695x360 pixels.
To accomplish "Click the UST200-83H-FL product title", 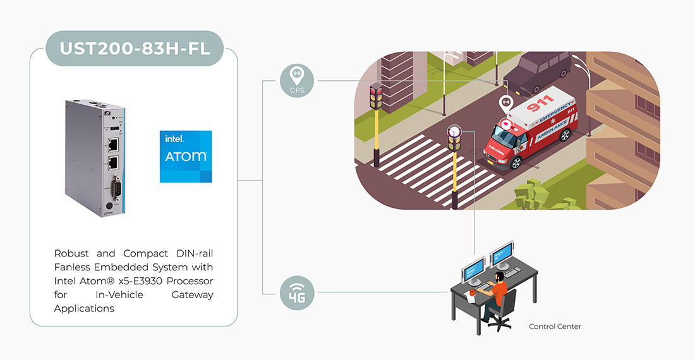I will pyautogui.click(x=135, y=48).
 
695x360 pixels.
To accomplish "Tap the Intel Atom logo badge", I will pyautogui.click(x=186, y=157).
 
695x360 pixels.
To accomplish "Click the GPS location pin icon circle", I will pyautogui.click(x=296, y=80).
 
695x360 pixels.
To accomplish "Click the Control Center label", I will pyautogui.click(x=555, y=327).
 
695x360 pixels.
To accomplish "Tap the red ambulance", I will pyautogui.click(x=531, y=129).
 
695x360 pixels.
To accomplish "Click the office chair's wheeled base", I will pyautogui.click(x=500, y=323).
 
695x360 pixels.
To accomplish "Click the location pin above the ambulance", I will pyautogui.click(x=505, y=104).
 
